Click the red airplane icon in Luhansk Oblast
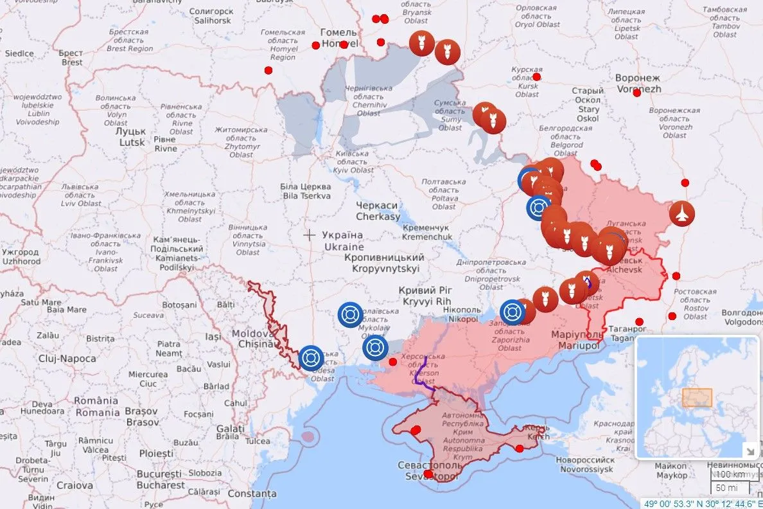pyautogui.click(x=682, y=213)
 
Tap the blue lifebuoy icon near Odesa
pyautogui.click(x=311, y=358)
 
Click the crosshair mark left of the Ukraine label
pyautogui.click(x=309, y=235)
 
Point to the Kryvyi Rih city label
pyautogui.click(x=425, y=296)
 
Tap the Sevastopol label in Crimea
pyautogui.click(x=429, y=470)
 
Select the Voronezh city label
pyautogui.click(x=638, y=83)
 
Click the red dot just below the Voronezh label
pyautogui.click(x=637, y=93)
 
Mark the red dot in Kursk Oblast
pyautogui.click(x=537, y=77)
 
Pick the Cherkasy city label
pyautogui.click(x=378, y=211)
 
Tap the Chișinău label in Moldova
pyautogui.click(x=253, y=339)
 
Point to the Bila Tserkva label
pyautogui.click(x=306, y=191)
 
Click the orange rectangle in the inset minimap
pyautogui.click(x=697, y=398)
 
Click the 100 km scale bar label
pyautogui.click(x=731, y=474)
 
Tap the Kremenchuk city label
pyautogui.click(x=427, y=233)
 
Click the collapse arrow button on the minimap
pyautogui.click(x=749, y=449)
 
